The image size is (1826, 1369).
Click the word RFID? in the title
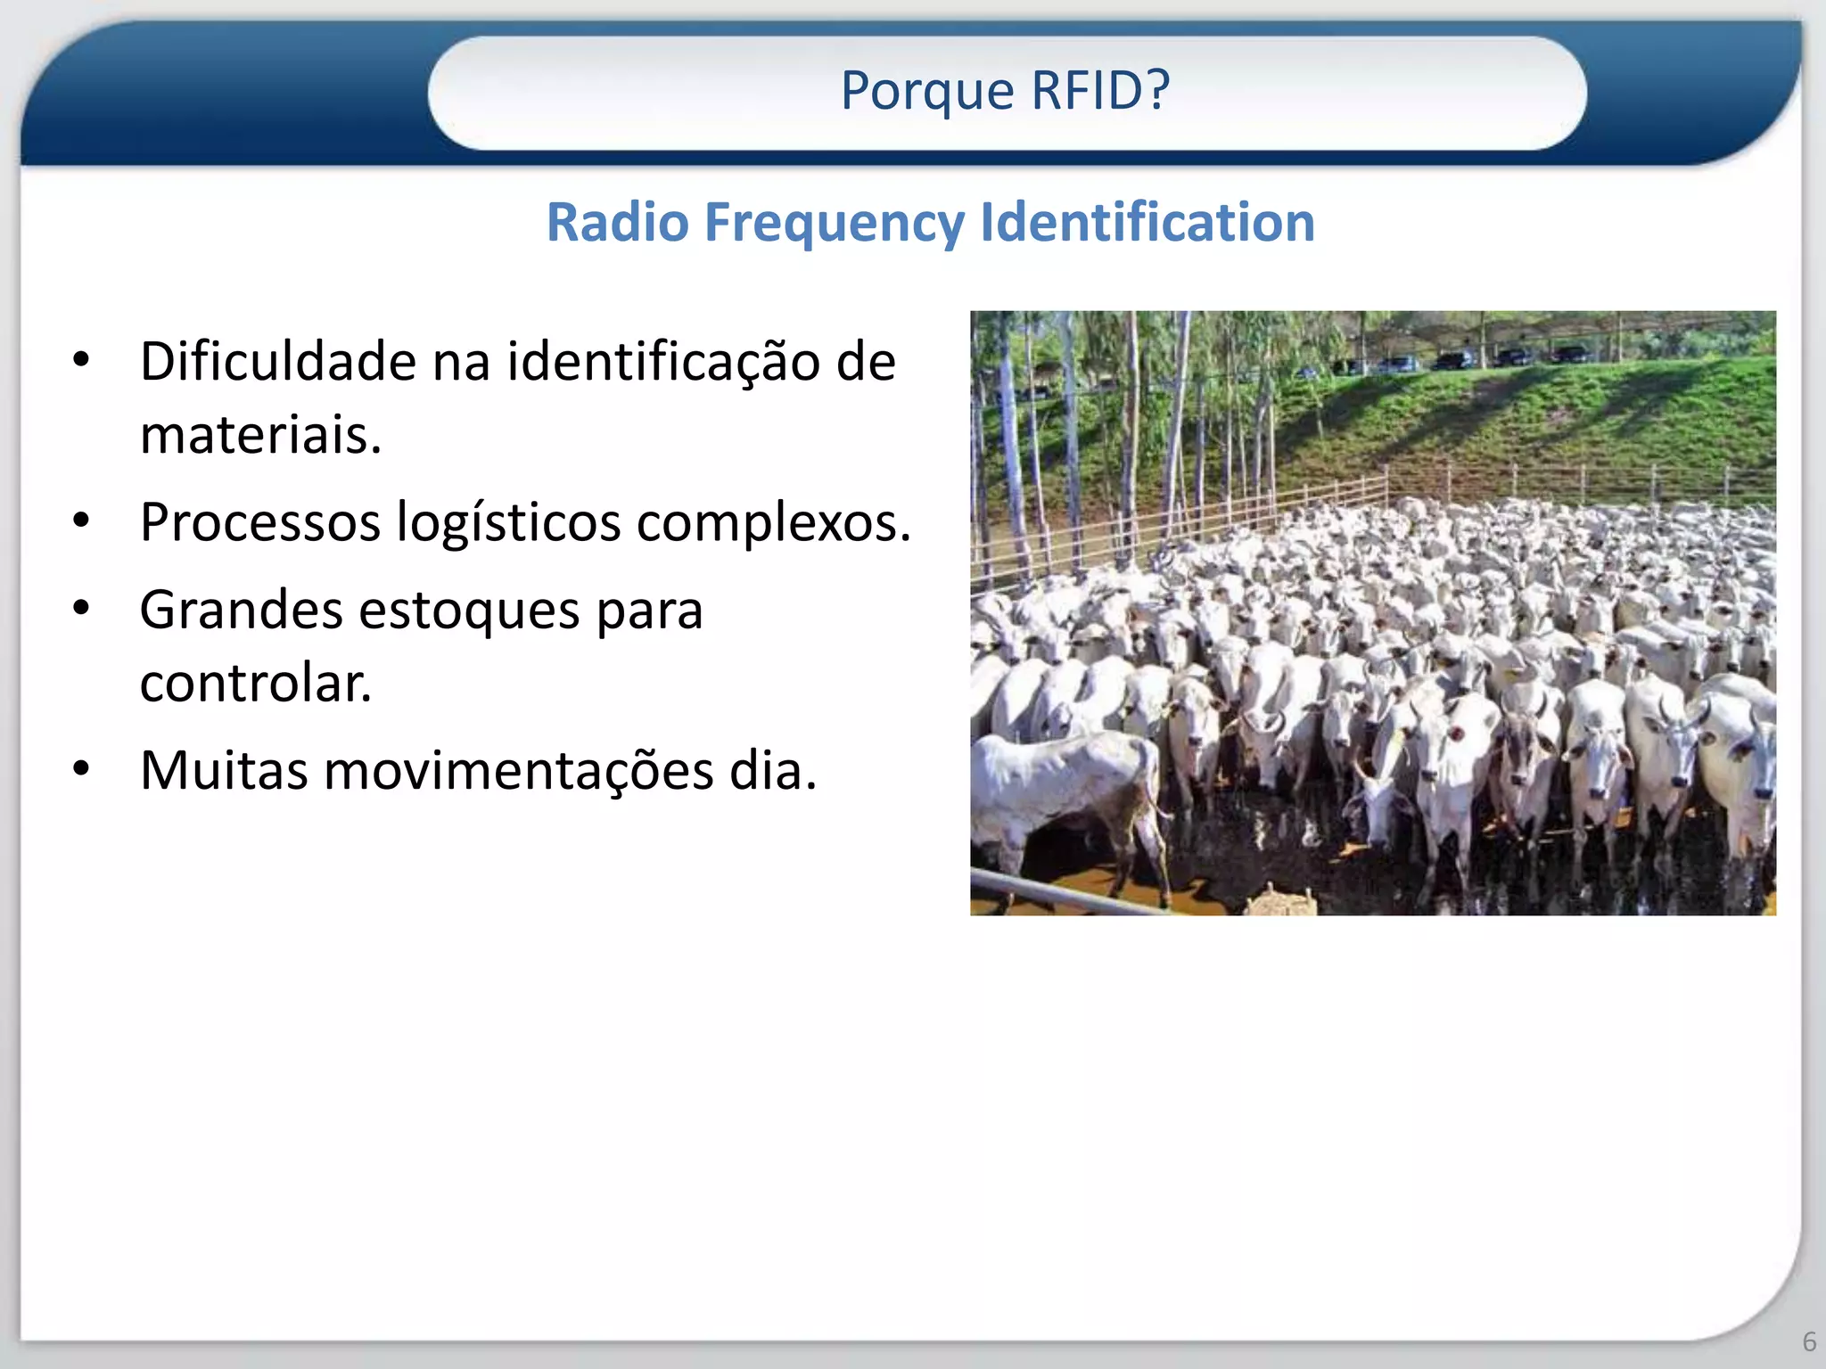(x=1099, y=90)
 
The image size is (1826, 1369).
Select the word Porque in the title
(x=927, y=92)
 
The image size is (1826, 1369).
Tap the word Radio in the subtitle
(x=617, y=222)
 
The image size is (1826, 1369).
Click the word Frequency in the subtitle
(x=835, y=224)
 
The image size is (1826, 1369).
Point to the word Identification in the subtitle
(x=1147, y=222)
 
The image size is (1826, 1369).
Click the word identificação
(x=663, y=363)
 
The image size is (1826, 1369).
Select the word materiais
(x=260, y=435)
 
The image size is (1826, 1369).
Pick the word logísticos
(x=508, y=523)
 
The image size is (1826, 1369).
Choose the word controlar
(x=255, y=684)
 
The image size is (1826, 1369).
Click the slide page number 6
(x=1809, y=1341)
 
